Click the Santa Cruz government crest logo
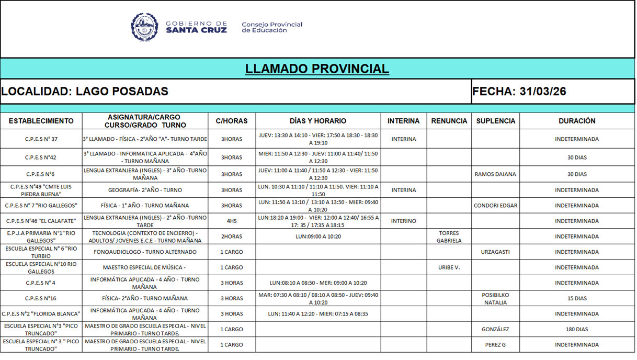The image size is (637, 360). coord(144,27)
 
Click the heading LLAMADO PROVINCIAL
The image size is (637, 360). coord(317,69)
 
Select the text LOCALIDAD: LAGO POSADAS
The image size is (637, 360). coord(85,92)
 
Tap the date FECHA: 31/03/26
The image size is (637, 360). coord(519,92)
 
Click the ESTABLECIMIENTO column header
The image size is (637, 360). coord(41,121)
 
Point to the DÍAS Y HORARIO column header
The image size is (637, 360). coord(318,121)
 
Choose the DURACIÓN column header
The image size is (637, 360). coord(577,121)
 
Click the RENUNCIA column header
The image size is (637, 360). coord(449,121)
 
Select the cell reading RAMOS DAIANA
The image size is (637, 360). coord(495,174)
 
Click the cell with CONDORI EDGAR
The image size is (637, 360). coord(495,206)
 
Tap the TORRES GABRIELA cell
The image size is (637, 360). coord(449,237)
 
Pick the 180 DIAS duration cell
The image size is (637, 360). coord(577,330)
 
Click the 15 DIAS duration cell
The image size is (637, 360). coord(577,298)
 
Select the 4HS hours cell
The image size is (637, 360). coord(232,221)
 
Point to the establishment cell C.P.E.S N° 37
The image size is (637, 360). coord(41,139)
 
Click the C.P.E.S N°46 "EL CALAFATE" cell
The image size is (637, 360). coord(41,221)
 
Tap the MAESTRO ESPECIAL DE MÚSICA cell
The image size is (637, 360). coord(144,267)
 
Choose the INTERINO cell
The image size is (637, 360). coord(403,221)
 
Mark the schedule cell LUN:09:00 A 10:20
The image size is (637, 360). coord(318,237)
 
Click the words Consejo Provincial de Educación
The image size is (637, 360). coord(271,27)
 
